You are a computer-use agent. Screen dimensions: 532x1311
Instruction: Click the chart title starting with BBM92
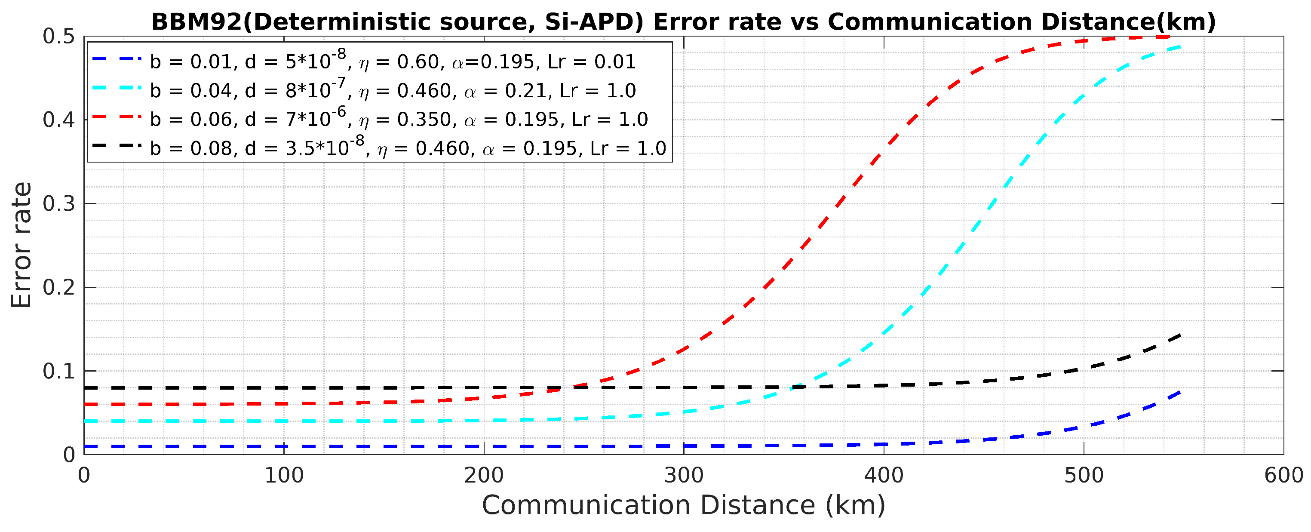684,22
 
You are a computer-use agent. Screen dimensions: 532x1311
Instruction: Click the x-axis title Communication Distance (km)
684,505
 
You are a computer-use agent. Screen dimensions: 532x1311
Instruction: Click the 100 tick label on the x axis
284,476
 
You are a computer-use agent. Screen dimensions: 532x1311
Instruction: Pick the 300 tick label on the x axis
684,476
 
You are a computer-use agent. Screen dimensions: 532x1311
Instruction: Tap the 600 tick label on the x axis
1283,476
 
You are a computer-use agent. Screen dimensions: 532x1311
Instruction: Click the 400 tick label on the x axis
884,476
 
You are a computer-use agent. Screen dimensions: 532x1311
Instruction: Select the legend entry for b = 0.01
392,62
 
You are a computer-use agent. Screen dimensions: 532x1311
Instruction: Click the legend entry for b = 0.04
392,91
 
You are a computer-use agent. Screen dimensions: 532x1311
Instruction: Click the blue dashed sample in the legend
117,58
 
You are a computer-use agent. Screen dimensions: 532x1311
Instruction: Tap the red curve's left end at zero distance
86,404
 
